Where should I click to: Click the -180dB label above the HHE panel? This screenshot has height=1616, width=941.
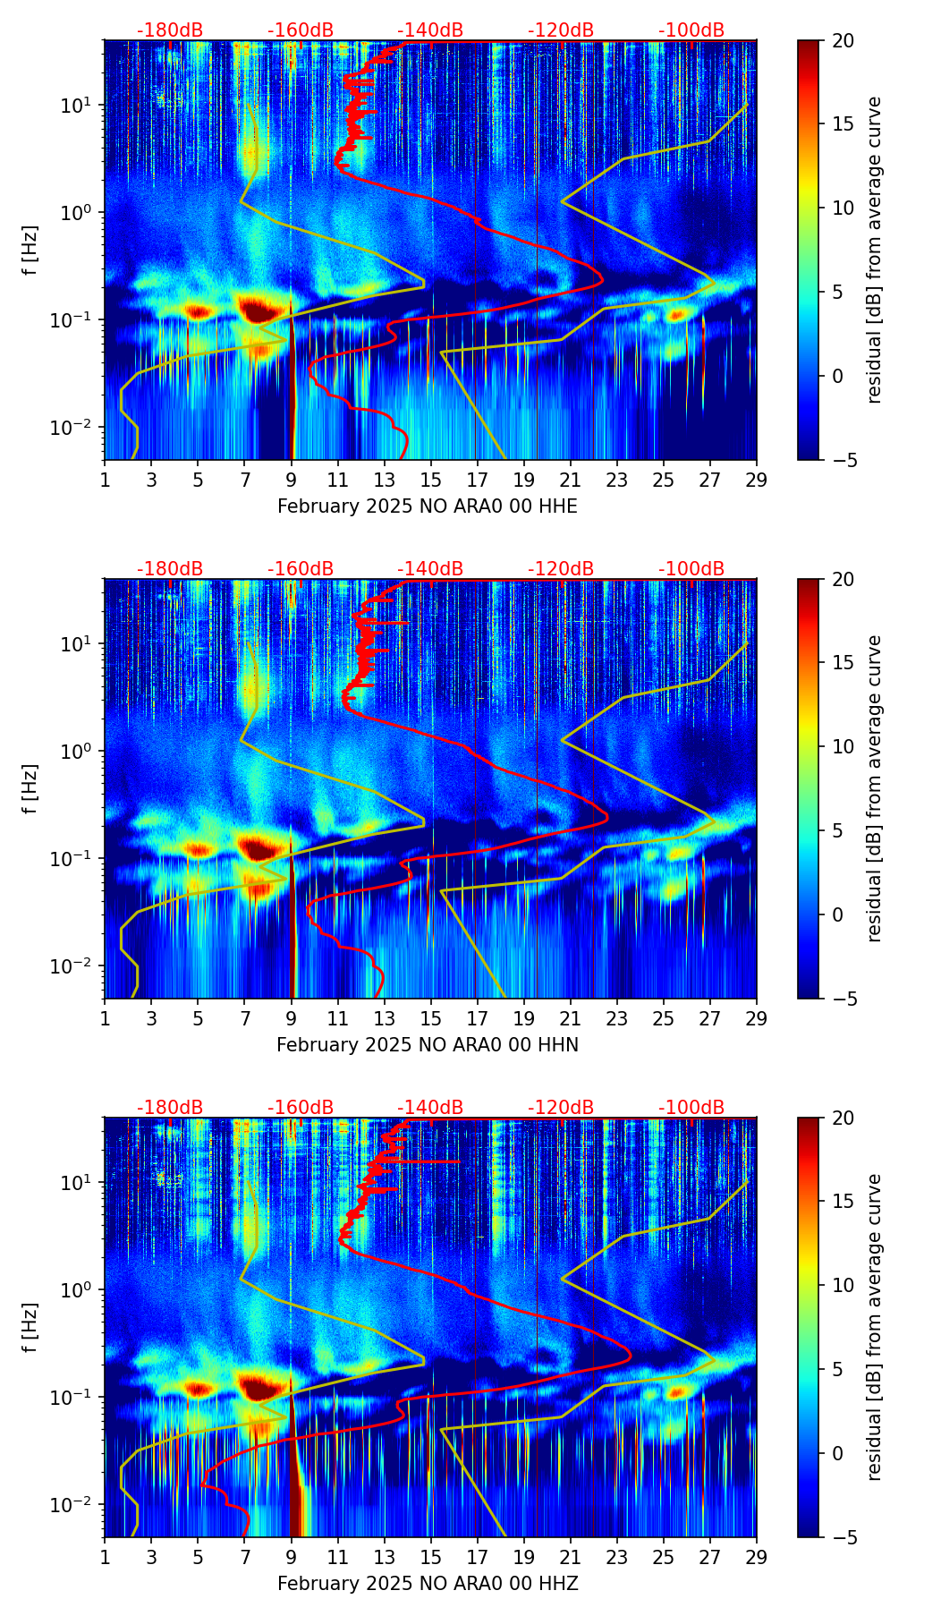click(x=170, y=30)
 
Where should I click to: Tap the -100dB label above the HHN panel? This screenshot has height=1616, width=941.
click(x=691, y=569)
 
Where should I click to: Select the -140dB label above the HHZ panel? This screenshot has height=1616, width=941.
click(x=430, y=1108)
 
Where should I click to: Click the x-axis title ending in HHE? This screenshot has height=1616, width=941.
click(x=427, y=506)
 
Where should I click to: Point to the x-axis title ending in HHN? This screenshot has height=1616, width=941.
click(x=427, y=1045)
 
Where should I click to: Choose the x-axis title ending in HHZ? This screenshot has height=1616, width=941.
click(x=427, y=1584)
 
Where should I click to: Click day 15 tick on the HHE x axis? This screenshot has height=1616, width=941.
click(x=431, y=480)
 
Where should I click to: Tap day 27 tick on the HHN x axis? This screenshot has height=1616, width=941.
click(x=710, y=1018)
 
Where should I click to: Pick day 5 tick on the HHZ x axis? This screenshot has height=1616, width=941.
click(x=198, y=1557)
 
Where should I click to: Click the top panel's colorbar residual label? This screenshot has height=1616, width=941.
click(x=875, y=250)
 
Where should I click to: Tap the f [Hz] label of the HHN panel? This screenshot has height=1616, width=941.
click(x=30, y=788)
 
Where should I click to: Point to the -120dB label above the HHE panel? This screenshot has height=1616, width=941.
click(x=561, y=30)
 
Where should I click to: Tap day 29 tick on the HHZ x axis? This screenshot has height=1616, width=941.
click(x=757, y=1557)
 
